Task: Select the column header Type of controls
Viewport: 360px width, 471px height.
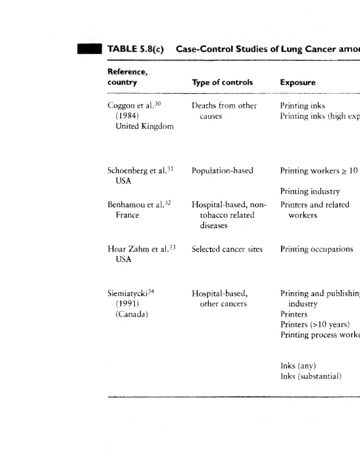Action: [222, 82]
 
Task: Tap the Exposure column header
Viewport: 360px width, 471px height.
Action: [298, 82]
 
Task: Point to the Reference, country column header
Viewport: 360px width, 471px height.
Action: [127, 77]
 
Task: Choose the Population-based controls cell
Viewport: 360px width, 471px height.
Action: [222, 171]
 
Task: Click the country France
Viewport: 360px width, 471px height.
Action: [127, 215]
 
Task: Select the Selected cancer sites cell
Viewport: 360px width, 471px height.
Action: [227, 249]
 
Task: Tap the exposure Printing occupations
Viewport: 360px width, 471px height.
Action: [316, 249]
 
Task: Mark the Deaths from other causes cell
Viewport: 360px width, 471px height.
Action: [224, 111]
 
